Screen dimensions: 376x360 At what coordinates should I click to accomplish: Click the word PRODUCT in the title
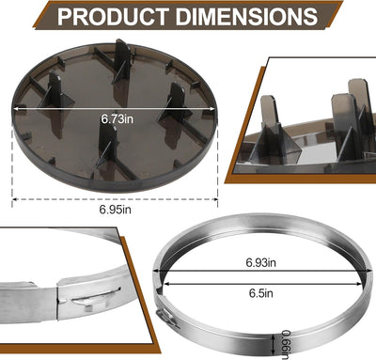coord(113,16)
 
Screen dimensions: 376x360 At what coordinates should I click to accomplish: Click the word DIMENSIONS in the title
coord(246,16)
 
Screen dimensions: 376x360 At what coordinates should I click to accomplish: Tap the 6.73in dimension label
coord(117,119)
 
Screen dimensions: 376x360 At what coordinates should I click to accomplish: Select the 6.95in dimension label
coord(115,210)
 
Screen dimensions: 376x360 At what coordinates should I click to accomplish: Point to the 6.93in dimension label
coord(261,262)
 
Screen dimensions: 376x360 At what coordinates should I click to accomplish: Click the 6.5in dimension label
coord(261,293)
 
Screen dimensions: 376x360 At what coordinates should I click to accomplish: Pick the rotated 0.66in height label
coord(286,344)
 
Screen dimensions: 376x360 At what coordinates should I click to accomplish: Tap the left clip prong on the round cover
coord(55,91)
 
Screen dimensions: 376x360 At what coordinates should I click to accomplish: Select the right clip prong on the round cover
coord(176,102)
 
